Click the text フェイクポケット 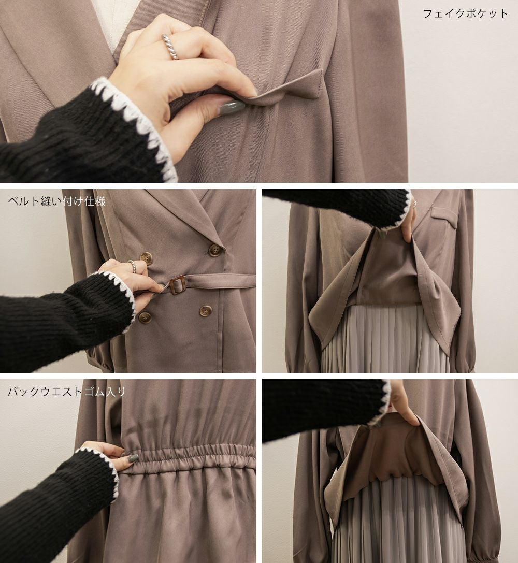(x=465, y=14)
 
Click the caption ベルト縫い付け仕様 (x=56, y=201)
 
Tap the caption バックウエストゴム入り (x=66, y=391)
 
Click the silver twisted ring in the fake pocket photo (x=170, y=47)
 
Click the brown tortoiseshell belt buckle (x=177, y=285)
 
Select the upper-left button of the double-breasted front (x=146, y=258)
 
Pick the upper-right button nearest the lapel (x=214, y=250)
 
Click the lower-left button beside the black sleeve (x=145, y=317)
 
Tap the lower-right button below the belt (x=205, y=311)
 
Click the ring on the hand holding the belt (x=132, y=266)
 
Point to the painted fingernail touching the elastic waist (x=133, y=458)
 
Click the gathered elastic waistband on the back (x=190, y=457)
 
